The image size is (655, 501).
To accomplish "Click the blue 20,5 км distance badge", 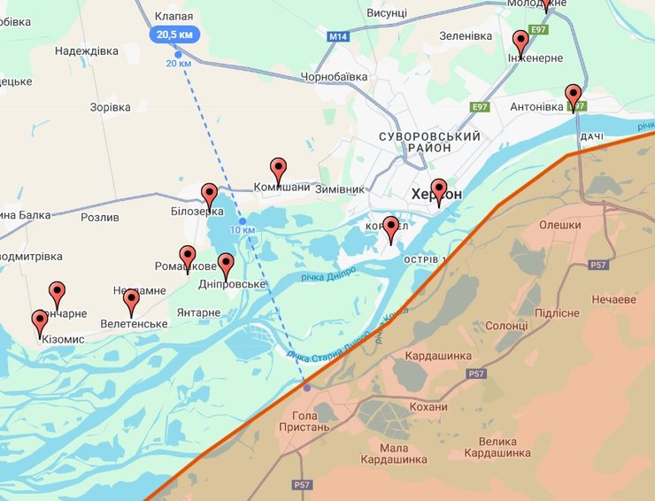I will [x=174, y=35].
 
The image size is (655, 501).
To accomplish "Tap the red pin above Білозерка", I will [x=209, y=195].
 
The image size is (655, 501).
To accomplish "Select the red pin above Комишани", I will [x=278, y=169].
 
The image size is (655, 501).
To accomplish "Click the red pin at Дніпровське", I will [x=226, y=265].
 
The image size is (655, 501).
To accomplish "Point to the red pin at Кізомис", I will [x=40, y=322].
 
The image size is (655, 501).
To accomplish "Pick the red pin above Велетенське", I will [x=132, y=302].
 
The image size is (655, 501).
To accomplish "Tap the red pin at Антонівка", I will [x=574, y=96].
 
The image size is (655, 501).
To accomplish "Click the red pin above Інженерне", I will [x=520, y=42].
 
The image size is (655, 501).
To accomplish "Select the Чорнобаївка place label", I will [x=334, y=77].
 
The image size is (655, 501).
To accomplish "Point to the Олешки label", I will [x=560, y=225].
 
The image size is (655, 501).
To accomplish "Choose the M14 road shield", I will [x=337, y=37].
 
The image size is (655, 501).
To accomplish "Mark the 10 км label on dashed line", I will [x=242, y=230].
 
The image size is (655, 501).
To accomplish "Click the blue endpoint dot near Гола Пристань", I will [x=307, y=387].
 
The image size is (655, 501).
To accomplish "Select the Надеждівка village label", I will [x=86, y=51].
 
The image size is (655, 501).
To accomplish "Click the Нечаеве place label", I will [x=614, y=299].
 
